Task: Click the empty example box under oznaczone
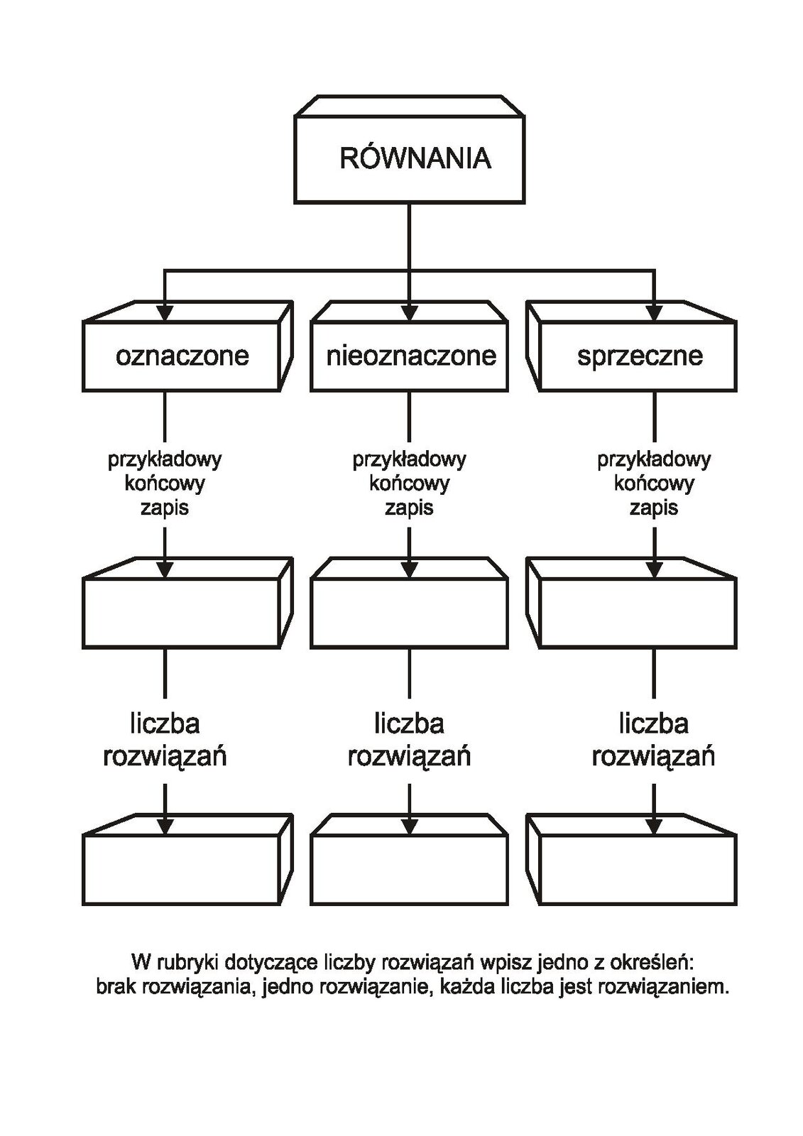point(187,603)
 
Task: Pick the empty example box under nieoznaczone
point(409,603)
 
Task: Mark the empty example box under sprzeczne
point(631,603)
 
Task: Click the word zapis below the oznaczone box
point(164,508)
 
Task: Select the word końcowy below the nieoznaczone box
point(409,484)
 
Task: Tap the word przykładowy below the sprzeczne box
point(654,460)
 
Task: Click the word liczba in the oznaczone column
point(165,723)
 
